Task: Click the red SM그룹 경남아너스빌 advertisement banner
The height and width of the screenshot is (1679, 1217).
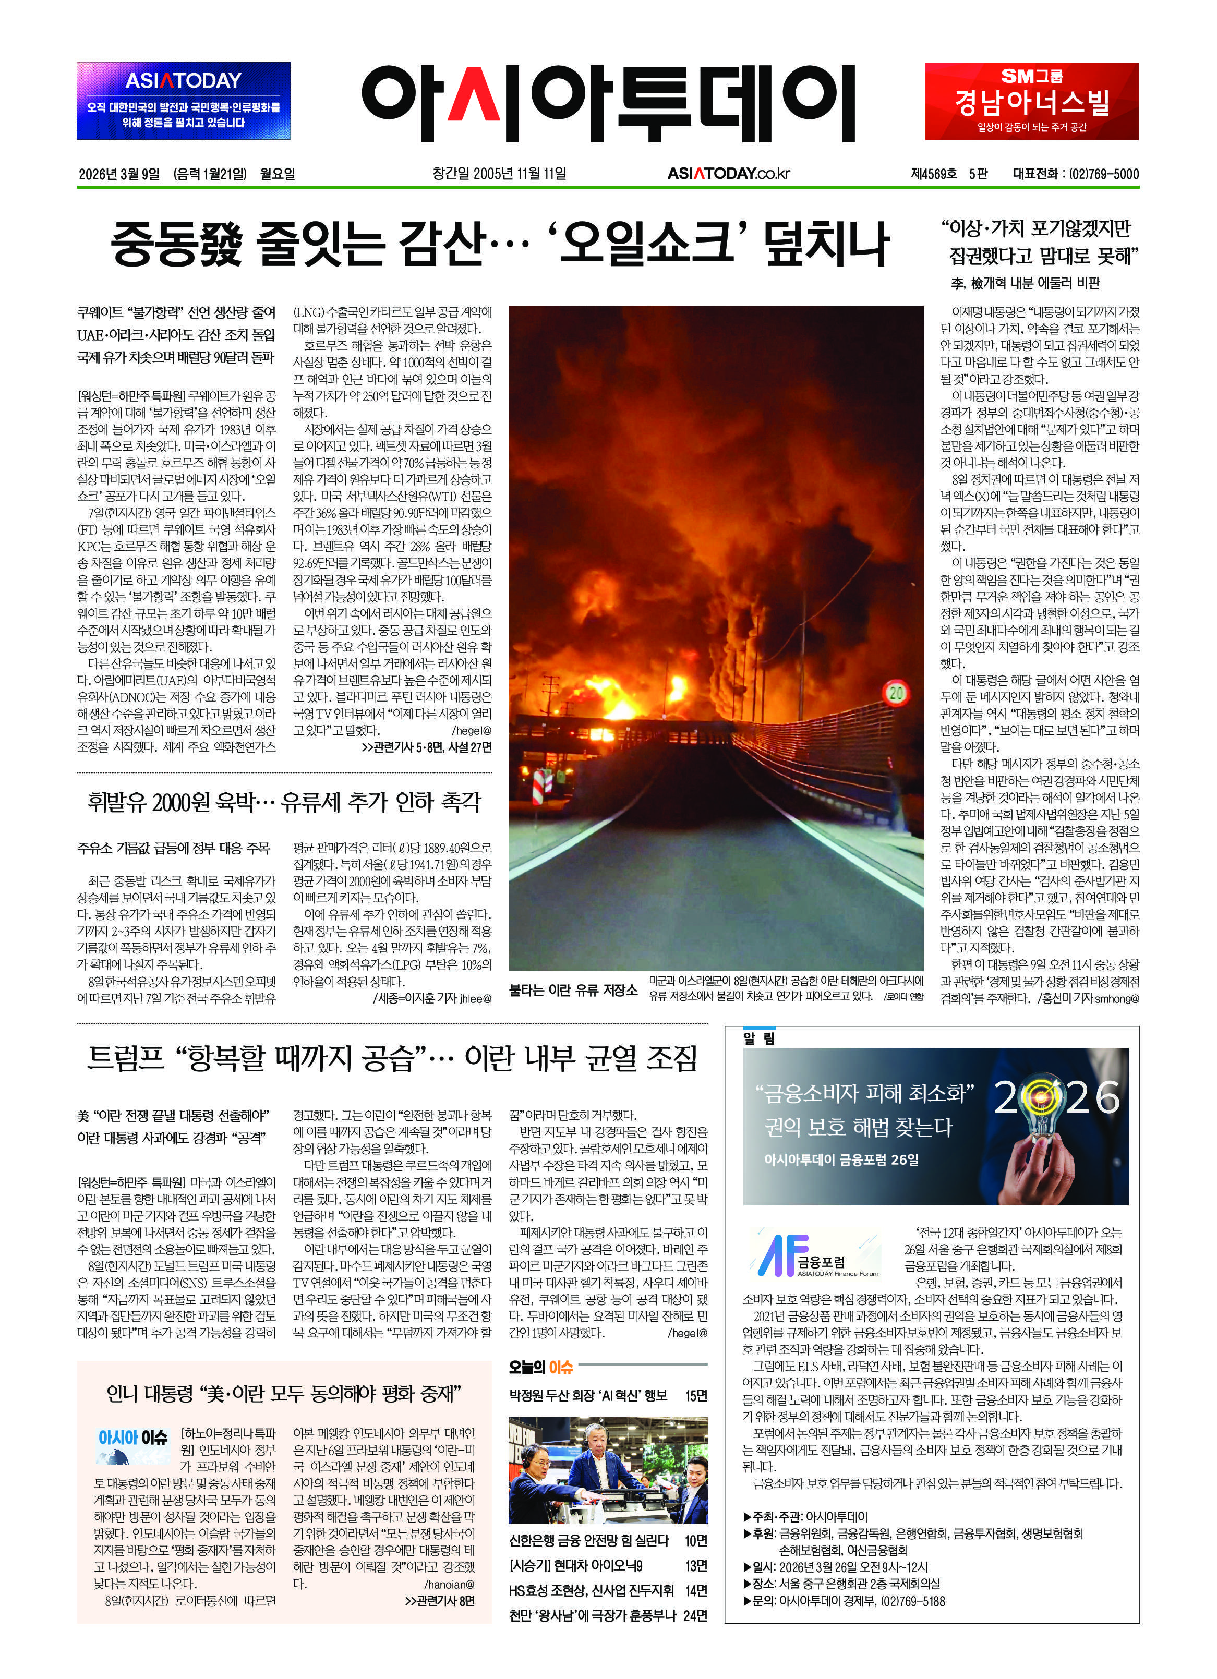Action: [x=1031, y=101]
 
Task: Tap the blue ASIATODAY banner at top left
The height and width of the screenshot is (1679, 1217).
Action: [x=183, y=101]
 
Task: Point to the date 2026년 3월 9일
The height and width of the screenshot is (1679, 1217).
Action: [x=119, y=174]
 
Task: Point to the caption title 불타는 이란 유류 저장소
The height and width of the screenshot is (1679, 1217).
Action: [x=573, y=990]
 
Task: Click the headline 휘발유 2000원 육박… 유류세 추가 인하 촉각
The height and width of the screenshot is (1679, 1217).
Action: [x=284, y=801]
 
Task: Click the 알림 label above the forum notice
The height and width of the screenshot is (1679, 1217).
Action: [x=759, y=1038]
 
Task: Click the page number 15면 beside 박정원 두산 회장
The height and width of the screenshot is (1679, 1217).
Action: [x=696, y=1395]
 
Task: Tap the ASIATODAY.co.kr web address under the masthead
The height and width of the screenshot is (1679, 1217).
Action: [x=728, y=174]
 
